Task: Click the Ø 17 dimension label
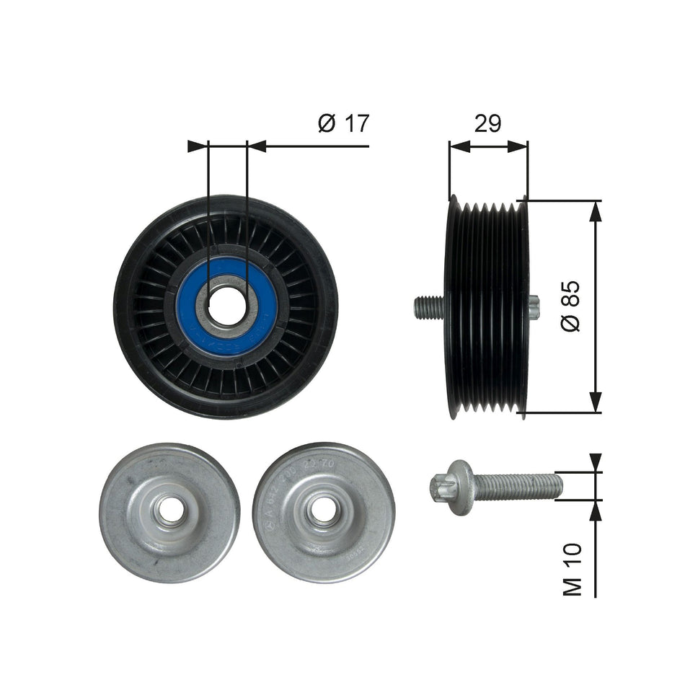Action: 344,123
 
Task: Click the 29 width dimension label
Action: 487,123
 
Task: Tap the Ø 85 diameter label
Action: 569,306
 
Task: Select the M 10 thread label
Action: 572,570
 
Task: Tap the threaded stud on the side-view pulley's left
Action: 428,308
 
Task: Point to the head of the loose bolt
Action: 451,478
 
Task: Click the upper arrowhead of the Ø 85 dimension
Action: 595,210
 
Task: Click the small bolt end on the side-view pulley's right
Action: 534,308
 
